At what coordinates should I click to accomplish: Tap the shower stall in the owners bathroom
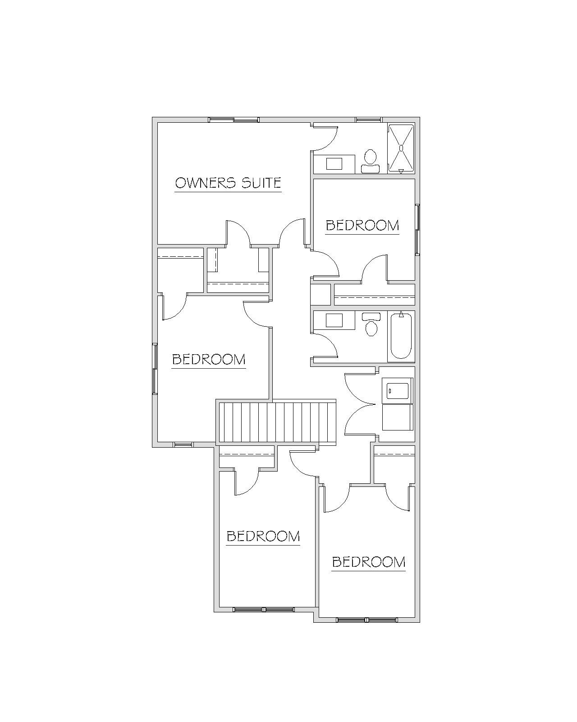[401, 148]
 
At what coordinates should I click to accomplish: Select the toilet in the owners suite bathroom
[370, 162]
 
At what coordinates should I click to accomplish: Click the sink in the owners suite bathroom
[334, 164]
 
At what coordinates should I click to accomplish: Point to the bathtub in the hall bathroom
[401, 337]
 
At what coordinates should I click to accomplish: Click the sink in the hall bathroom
[334, 320]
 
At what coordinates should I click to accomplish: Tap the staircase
[275, 423]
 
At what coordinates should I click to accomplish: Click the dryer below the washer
[398, 417]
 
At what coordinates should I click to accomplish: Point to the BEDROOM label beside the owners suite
[362, 226]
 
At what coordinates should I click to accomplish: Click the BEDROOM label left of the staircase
[209, 360]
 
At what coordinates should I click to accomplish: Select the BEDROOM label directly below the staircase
[263, 536]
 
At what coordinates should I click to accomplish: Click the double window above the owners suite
[234, 120]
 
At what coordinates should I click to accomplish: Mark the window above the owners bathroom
[368, 120]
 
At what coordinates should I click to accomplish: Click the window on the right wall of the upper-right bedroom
[417, 230]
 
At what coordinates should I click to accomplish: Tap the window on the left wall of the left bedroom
[155, 369]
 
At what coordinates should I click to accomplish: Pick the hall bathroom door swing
[325, 346]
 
